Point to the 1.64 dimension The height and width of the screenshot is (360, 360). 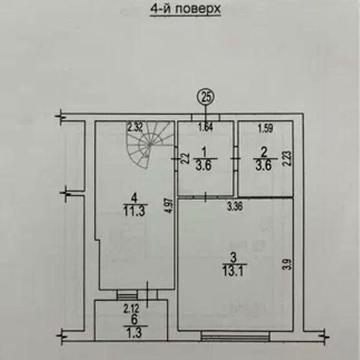[205, 128]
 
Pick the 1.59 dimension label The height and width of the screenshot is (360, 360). [264, 128]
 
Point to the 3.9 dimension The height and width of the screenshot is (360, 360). [287, 263]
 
